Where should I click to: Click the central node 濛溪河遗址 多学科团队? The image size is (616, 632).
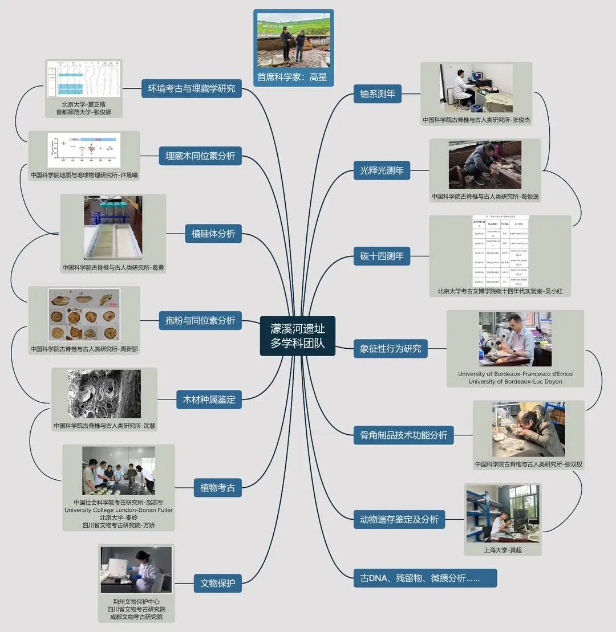[x=298, y=336]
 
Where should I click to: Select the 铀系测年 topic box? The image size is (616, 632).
[x=378, y=94]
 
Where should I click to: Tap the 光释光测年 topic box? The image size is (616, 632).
[x=382, y=170]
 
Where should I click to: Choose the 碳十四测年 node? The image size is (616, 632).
[x=382, y=256]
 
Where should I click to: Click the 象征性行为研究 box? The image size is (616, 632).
[x=390, y=348]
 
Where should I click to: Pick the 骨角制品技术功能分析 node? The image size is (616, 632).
[x=404, y=435]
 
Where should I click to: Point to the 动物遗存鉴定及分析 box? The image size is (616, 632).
[x=399, y=519]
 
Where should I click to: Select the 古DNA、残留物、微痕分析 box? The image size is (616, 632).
[x=425, y=578]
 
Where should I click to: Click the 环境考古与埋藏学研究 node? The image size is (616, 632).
[x=191, y=88]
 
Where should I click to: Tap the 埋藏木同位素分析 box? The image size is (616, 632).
[x=200, y=156]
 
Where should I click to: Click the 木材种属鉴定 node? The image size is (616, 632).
[x=209, y=399]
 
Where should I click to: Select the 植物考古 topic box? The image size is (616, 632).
[x=217, y=487]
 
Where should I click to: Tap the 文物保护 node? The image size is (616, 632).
[x=217, y=583]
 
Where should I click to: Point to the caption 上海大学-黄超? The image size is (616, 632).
[x=502, y=550]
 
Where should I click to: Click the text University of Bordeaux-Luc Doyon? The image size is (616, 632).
[x=515, y=382]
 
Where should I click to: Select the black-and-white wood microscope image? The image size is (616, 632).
[x=104, y=394]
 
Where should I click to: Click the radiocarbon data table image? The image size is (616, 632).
[x=500, y=251]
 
